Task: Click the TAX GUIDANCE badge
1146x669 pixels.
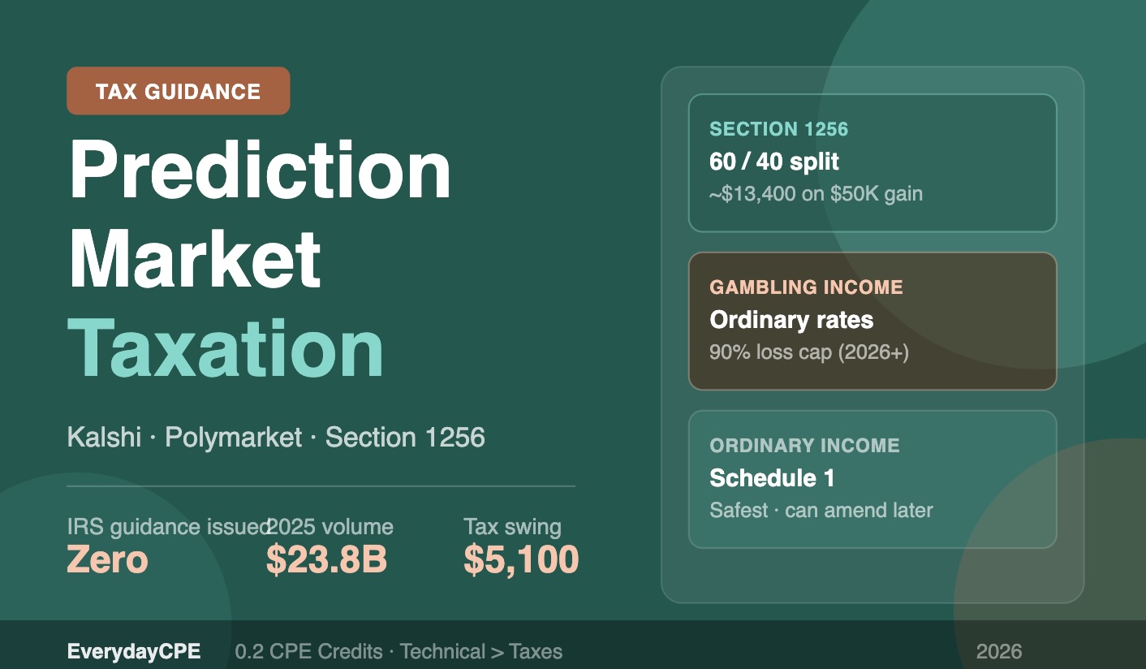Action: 178,91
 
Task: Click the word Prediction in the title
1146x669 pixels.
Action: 260,171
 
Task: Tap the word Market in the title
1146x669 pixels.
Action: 195,259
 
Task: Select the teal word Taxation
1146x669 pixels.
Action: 226,348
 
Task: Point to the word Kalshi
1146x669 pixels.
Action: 104,438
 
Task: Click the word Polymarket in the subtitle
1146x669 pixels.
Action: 233,438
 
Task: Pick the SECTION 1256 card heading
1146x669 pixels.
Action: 778,129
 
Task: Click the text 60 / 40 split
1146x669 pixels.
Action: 774,162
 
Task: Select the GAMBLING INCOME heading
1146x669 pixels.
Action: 806,287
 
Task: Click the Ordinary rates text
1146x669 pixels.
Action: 791,320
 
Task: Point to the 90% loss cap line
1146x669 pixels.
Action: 809,353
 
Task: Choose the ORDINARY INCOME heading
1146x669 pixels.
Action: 804,446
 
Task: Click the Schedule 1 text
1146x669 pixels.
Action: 772,478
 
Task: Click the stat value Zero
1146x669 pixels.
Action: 107,560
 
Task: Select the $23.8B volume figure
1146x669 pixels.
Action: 326,560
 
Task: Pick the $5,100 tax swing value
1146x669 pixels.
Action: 521,560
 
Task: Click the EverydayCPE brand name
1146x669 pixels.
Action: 134,651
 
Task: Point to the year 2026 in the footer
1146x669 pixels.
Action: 999,651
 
